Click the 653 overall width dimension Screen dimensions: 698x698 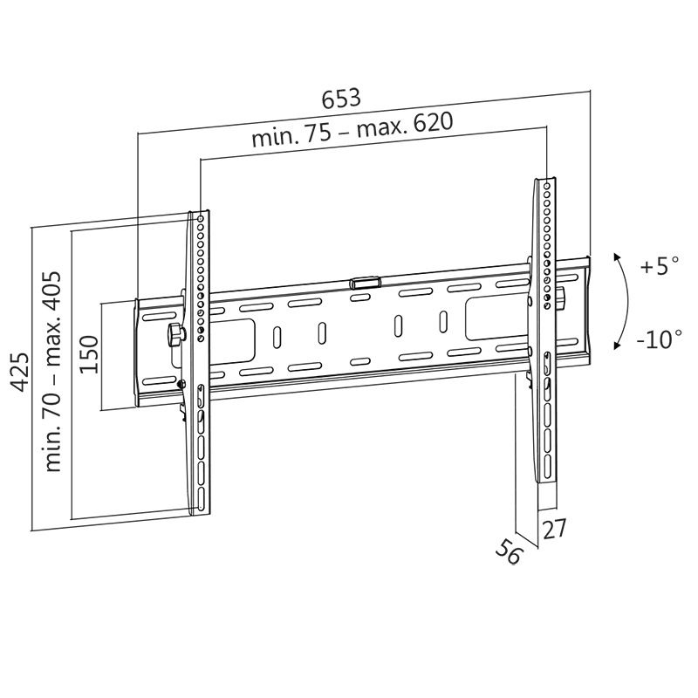coord(342,98)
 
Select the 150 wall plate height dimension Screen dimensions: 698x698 coord(89,354)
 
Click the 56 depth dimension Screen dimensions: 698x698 coord(508,552)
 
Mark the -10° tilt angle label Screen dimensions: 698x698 coord(659,339)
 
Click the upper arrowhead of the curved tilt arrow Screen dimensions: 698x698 coord(617,257)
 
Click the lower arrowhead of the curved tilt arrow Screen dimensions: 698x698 coord(617,347)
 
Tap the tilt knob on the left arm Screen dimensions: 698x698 coord(174,333)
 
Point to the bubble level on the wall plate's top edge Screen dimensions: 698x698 coord(365,283)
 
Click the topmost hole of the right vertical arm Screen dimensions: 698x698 coord(548,184)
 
